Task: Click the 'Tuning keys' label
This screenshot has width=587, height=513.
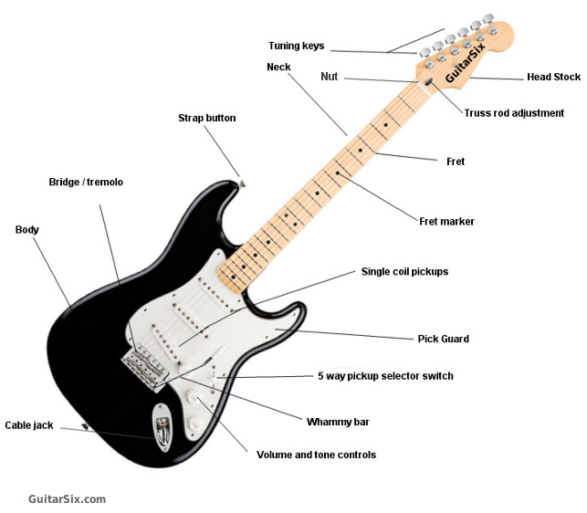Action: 296,47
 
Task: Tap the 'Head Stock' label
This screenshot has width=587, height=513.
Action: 553,78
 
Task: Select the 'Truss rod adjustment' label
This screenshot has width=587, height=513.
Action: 514,113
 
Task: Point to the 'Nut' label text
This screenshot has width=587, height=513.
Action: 329,77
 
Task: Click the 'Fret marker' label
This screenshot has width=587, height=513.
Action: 446,221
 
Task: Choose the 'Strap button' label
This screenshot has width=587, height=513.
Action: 206,118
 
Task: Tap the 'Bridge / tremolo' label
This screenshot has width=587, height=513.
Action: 86,182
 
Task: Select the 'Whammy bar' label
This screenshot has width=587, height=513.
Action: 337,422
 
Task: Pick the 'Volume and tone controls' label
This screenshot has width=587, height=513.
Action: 316,455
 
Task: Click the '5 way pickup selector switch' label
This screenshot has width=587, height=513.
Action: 384,376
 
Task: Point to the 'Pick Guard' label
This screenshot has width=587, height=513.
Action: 443,339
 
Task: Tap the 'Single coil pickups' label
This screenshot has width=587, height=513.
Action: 404,271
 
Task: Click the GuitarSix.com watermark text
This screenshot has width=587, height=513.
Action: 67,499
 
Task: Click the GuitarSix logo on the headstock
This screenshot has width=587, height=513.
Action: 466,64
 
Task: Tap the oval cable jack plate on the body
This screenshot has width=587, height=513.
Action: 162,427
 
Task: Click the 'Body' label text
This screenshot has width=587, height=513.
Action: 27,229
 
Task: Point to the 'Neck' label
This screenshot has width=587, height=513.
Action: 278,68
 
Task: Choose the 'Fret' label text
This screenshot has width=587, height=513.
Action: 455,162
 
